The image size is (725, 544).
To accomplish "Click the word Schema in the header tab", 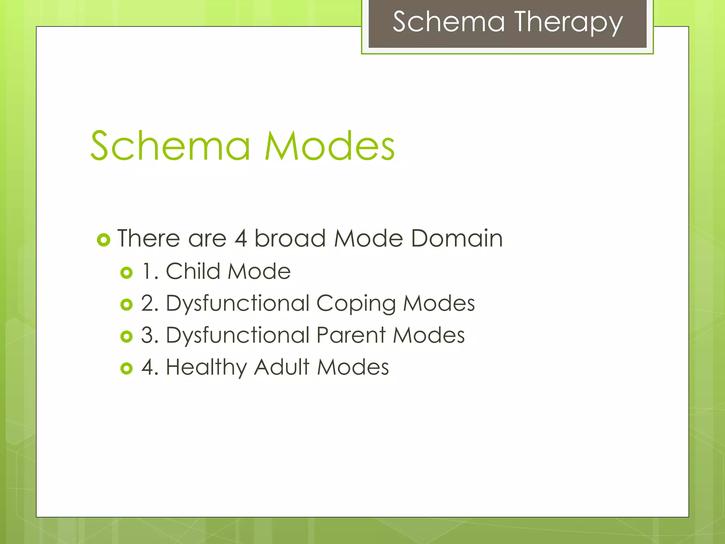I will (449, 22).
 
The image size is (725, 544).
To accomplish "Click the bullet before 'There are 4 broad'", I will (103, 240).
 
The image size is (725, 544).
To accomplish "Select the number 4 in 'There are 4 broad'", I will (241, 239).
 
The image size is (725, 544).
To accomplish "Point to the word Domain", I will (457, 238).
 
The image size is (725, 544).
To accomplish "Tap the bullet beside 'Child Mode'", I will (126, 273).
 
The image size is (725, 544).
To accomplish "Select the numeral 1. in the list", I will (150, 272).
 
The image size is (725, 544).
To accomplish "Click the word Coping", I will (356, 304).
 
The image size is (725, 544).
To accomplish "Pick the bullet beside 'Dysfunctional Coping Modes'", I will (126, 305).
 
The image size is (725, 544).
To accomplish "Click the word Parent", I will (351, 335).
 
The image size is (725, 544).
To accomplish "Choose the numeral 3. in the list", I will (150, 335).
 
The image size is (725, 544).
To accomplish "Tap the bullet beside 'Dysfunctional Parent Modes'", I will (126, 336).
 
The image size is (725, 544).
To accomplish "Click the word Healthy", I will (206, 367).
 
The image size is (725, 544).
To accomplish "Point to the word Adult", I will (282, 367).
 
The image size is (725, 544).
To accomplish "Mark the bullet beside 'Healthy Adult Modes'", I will (126, 368).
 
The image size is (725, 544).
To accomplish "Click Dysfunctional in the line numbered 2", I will (238, 304).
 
